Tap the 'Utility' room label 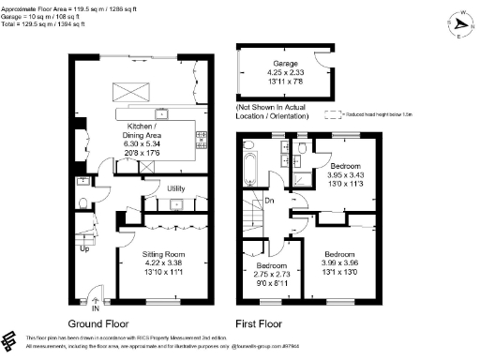tap(175, 188)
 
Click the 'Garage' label tap(279, 64)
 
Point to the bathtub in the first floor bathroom tap(247, 169)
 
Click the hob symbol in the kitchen tap(201, 140)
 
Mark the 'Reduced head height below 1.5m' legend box tap(331, 114)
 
